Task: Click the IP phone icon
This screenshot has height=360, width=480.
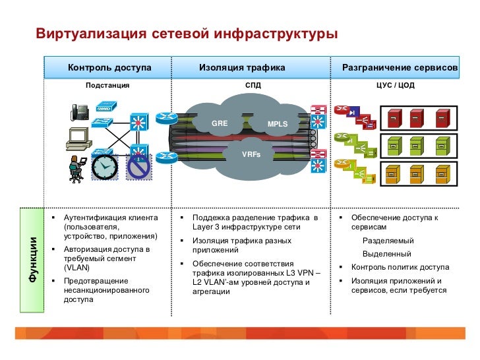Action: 80,111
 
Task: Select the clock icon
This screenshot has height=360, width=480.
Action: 104,167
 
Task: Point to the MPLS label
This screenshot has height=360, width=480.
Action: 278,124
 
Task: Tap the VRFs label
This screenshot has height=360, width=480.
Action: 251,154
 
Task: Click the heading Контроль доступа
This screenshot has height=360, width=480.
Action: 109,67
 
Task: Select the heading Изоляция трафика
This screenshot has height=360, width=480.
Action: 242,67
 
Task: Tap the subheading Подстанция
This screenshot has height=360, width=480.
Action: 108,86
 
